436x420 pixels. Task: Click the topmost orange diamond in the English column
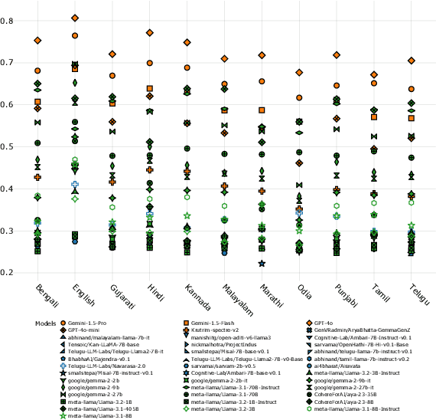click(x=75, y=18)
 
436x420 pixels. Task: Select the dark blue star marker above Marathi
click(x=262, y=264)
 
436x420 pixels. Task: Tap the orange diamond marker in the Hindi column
click(x=150, y=33)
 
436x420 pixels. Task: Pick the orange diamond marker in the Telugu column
click(x=412, y=61)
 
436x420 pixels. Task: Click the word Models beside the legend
click(x=47, y=324)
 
